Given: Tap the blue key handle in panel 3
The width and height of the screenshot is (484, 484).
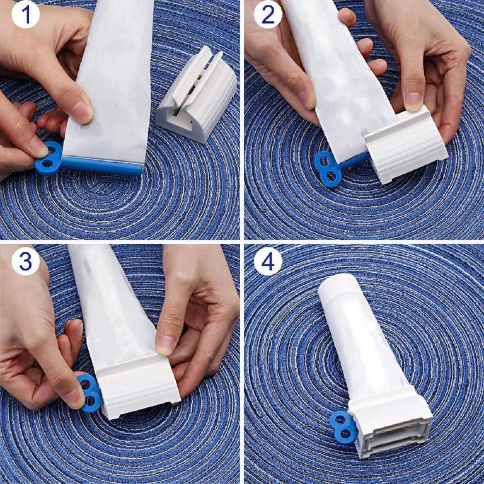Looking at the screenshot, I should pos(90,392).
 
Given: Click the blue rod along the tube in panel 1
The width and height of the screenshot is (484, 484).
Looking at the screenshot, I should pos(103,164).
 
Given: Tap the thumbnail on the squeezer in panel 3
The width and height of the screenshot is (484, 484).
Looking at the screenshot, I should pos(165,345).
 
